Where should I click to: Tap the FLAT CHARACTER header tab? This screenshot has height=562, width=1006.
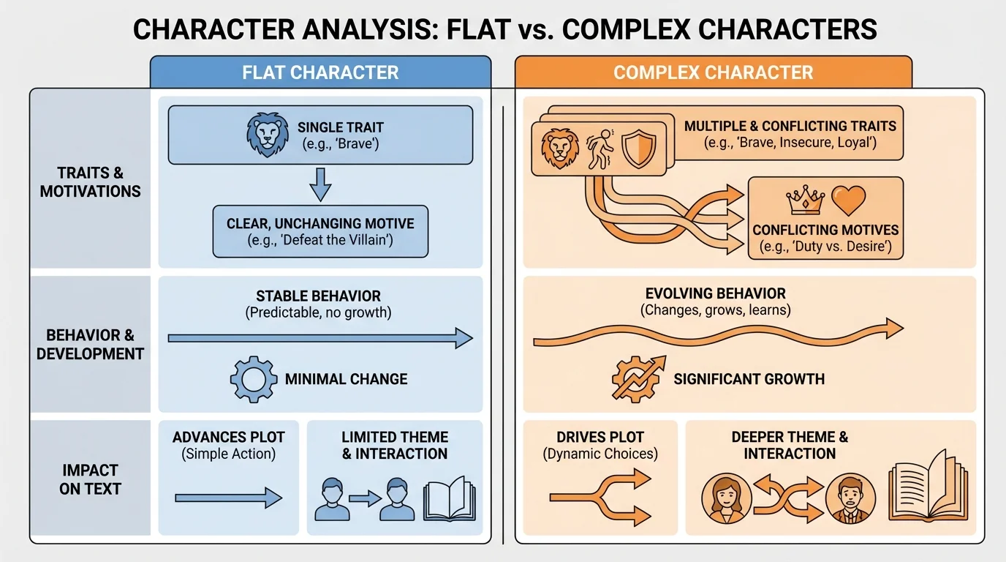pos(320,72)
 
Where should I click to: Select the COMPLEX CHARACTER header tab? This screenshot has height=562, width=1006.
pos(713,72)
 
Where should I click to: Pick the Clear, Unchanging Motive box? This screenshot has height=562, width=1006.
pos(320,231)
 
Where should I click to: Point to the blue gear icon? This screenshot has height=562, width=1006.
pos(253,379)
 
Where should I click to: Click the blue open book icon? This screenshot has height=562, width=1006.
pos(449,499)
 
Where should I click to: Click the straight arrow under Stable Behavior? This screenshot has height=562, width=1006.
pos(320,338)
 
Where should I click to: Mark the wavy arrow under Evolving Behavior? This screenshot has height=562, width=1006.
pos(718,333)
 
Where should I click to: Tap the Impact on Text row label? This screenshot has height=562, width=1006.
pos(90,479)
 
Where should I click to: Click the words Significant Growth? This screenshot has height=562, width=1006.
pos(749,379)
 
